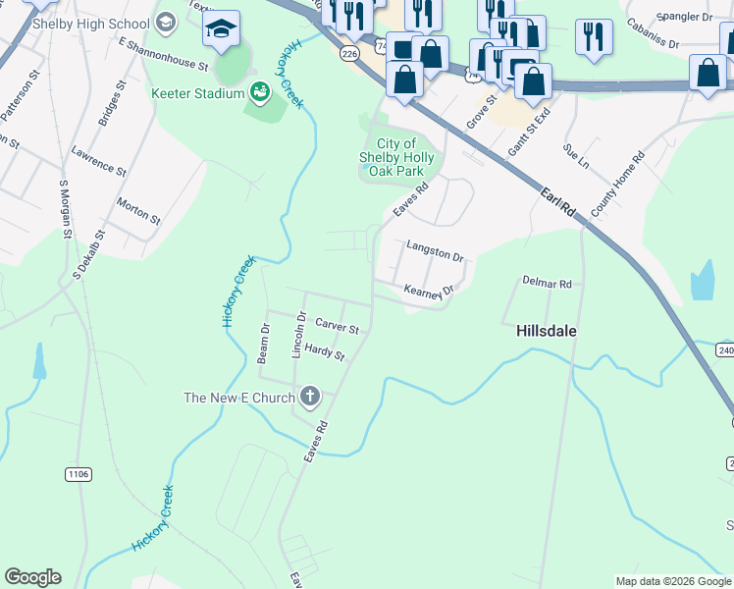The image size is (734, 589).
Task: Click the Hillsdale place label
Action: coord(547,332)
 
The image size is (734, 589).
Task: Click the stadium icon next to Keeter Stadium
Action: coord(260,93)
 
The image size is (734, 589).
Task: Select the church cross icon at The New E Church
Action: coord(310,398)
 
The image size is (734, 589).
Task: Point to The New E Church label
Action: coord(239,398)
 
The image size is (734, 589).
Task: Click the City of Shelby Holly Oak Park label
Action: coord(397,157)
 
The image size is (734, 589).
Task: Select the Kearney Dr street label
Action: coord(430,291)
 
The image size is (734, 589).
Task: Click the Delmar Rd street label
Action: coord(547,283)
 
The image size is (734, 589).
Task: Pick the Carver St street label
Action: coord(337,326)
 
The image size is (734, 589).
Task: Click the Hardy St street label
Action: coord(324,351)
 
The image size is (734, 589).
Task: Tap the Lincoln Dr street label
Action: coord(300,335)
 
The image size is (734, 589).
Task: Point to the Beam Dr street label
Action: coord(263,343)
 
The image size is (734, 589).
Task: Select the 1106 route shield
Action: coord(79,474)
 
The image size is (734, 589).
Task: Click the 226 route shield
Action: coord(348,54)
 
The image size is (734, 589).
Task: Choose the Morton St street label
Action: coord(138,210)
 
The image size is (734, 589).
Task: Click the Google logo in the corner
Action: coord(32,577)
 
